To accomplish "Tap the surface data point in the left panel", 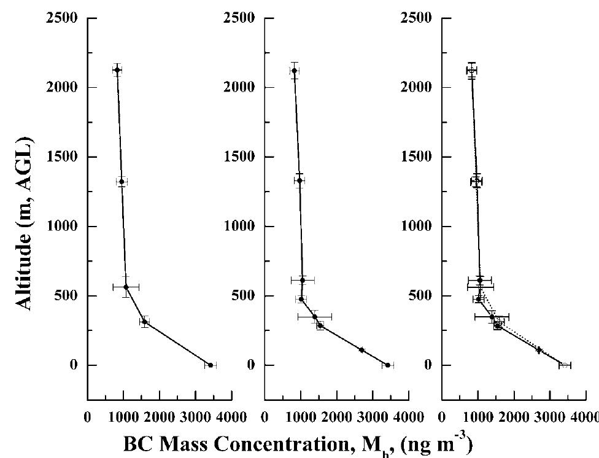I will click(211, 365).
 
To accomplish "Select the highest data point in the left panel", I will click(117, 70).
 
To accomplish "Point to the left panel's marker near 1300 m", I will click(122, 182).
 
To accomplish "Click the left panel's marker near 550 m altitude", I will click(126, 287).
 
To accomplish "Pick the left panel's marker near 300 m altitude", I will click(144, 322).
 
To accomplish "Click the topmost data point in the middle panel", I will click(294, 71).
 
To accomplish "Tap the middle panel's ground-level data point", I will click(387, 365).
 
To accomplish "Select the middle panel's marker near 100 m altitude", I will click(361, 350).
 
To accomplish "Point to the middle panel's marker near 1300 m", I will click(299, 180).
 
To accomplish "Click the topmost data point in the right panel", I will click(471, 71).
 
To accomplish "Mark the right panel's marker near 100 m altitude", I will click(539, 350).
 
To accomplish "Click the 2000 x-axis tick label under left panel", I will click(159, 417).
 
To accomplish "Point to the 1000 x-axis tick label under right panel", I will click(478, 417).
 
